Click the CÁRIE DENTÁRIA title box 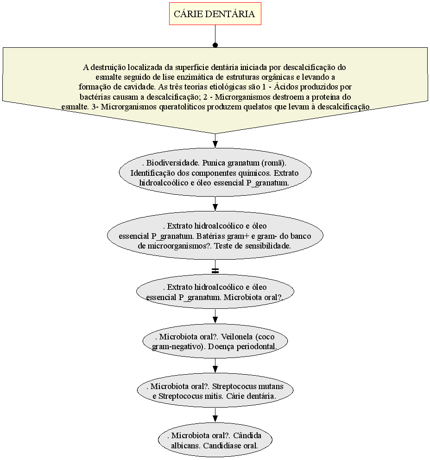coord(215,14)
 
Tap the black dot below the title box coord(215,45)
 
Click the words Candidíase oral coord(230,446)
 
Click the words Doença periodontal coord(242,346)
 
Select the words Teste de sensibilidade coord(253,246)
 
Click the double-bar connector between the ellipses coord(215,270)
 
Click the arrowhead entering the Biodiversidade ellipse coord(215,144)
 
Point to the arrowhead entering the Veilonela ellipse coord(215,320)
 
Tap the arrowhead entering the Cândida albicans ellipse coord(215,419)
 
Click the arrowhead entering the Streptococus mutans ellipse coord(215,370)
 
